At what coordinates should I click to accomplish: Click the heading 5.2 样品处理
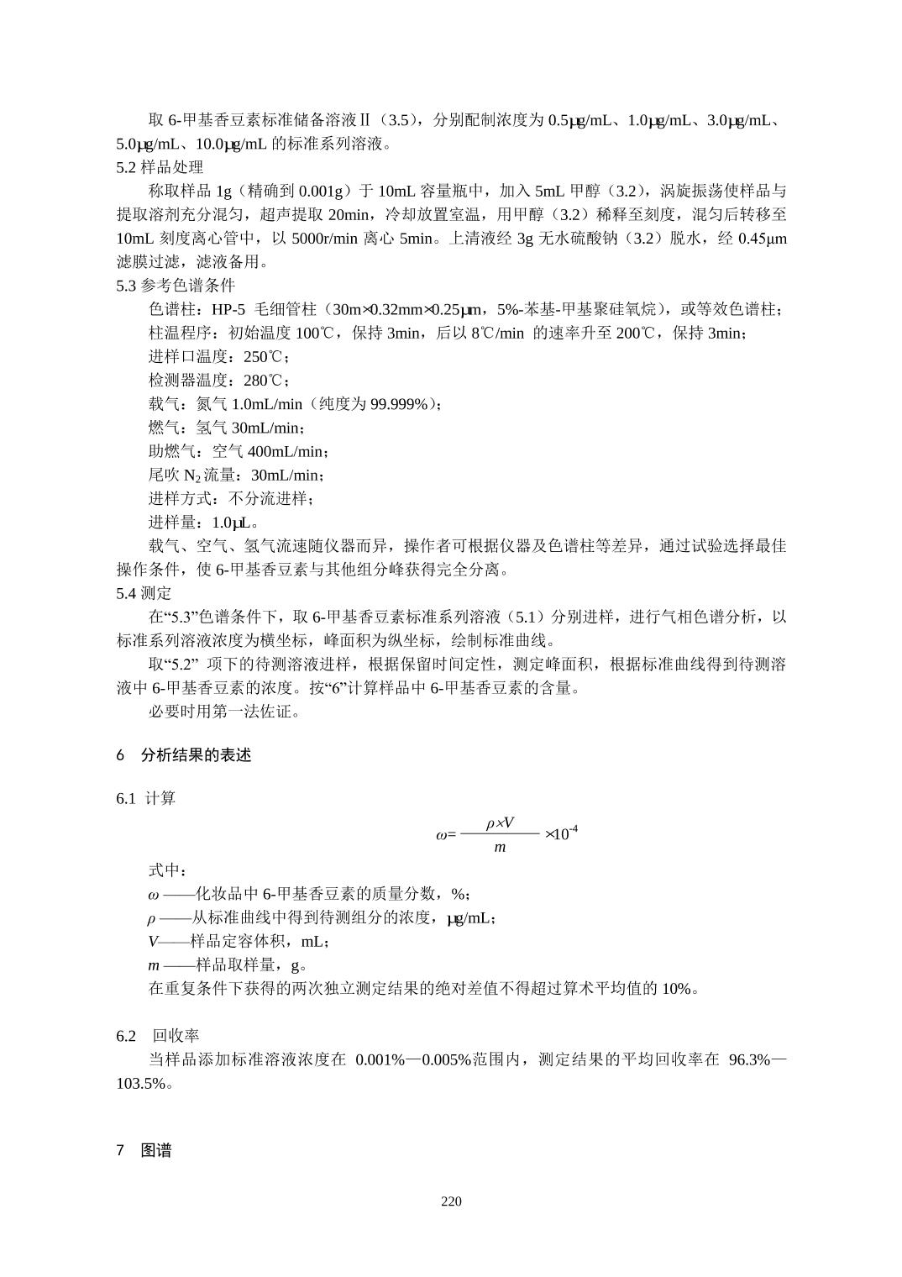point(160,167)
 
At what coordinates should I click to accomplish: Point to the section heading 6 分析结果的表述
point(184,755)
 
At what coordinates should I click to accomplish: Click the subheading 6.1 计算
point(146,798)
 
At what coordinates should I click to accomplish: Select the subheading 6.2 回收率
point(158,1035)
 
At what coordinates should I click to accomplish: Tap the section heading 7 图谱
point(144,1151)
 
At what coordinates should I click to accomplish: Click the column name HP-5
point(228,309)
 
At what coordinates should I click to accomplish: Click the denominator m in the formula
point(500,848)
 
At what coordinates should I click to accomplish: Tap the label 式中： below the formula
point(168,870)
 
